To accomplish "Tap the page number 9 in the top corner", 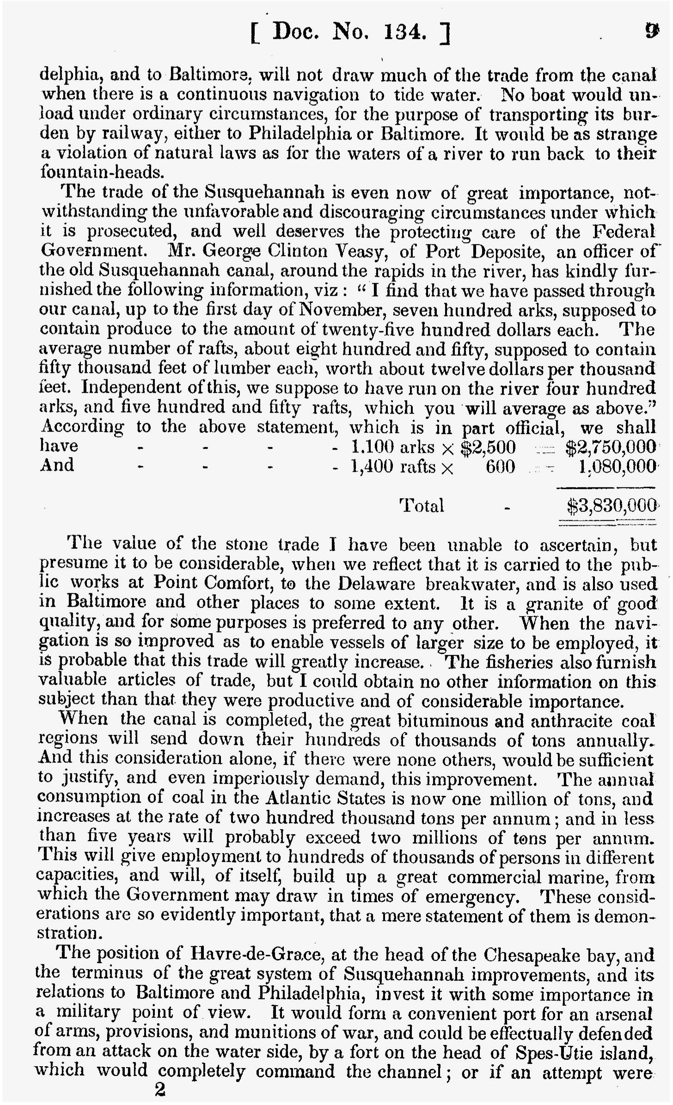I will pos(651,31).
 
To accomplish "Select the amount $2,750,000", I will pos(611,447).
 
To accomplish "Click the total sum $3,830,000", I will pos(611,506).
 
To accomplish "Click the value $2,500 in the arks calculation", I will pos(489,447).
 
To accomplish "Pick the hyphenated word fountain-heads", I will pos(102,172).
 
